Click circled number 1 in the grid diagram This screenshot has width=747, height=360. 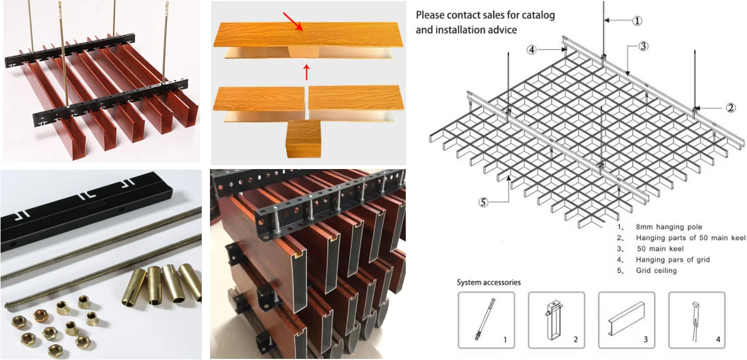(x=637, y=21)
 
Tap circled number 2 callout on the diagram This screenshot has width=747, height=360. (x=731, y=108)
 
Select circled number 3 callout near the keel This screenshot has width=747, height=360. (x=643, y=47)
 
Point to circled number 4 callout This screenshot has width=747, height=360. (x=532, y=50)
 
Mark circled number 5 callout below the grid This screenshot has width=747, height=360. (x=483, y=202)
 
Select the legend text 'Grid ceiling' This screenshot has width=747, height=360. (x=656, y=270)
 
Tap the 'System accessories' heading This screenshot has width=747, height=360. (x=489, y=282)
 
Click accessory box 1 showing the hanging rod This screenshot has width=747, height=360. (x=486, y=320)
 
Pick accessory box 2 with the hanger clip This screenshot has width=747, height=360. (x=556, y=320)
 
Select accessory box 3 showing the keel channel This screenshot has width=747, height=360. (x=626, y=320)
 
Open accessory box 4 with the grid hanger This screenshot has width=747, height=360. (x=697, y=320)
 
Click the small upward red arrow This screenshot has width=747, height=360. (x=307, y=72)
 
